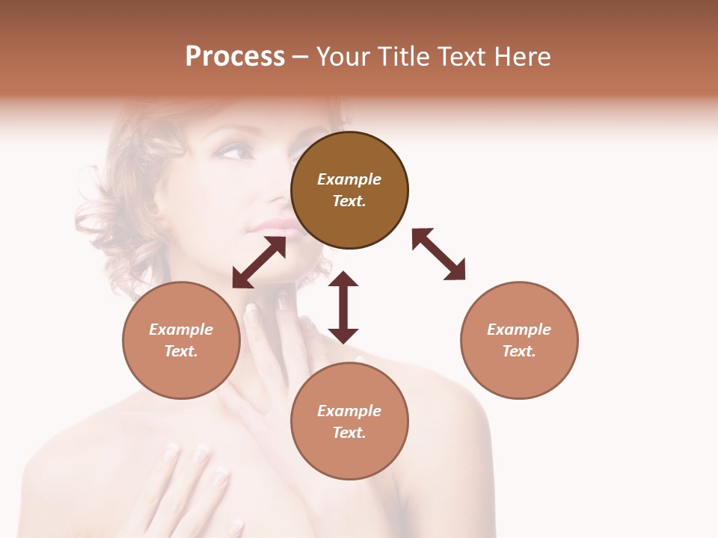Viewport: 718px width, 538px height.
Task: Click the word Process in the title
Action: tap(235, 57)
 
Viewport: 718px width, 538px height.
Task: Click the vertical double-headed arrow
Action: tap(343, 307)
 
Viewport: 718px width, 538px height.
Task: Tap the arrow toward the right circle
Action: tap(438, 254)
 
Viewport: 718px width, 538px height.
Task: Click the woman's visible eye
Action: tap(234, 152)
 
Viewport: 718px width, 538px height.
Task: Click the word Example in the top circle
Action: tap(349, 179)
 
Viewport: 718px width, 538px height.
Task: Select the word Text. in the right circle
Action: tap(519, 351)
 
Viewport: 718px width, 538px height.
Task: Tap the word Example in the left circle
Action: tap(181, 330)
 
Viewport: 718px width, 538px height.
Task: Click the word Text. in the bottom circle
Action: tap(349, 433)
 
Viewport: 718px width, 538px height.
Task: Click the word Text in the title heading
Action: tap(460, 57)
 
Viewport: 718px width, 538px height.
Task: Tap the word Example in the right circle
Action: tap(519, 330)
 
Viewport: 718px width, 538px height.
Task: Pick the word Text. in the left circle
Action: tap(181, 351)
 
